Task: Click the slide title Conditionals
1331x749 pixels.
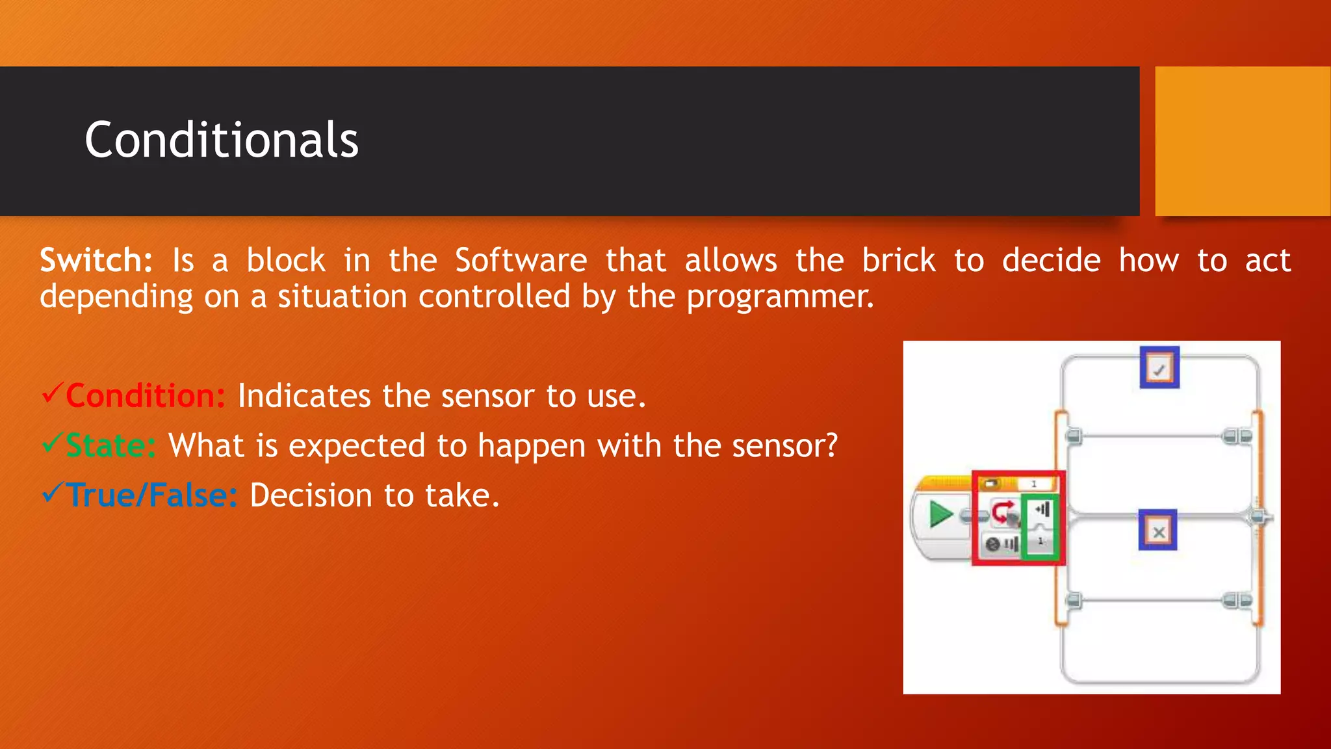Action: click(x=221, y=140)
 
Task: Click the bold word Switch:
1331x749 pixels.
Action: click(x=96, y=261)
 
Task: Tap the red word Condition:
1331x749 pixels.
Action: click(x=146, y=396)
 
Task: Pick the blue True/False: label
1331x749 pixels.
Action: click(x=152, y=495)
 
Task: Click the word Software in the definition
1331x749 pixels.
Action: click(x=521, y=261)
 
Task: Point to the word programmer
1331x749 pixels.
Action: click(x=779, y=297)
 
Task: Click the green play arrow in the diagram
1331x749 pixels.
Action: click(x=940, y=514)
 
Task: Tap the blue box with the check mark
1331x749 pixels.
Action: click(x=1159, y=368)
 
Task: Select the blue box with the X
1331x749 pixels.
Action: click(x=1157, y=531)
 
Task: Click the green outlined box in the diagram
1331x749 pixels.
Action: click(x=1041, y=527)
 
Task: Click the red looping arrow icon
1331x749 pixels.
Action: click(x=1003, y=512)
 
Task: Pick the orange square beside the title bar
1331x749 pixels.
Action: click(x=1242, y=141)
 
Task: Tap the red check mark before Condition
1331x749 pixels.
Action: click(x=52, y=393)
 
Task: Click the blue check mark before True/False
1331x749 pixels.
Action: click(x=52, y=493)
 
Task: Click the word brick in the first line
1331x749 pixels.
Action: click(x=898, y=261)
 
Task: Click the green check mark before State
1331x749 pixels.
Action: click(x=52, y=443)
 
